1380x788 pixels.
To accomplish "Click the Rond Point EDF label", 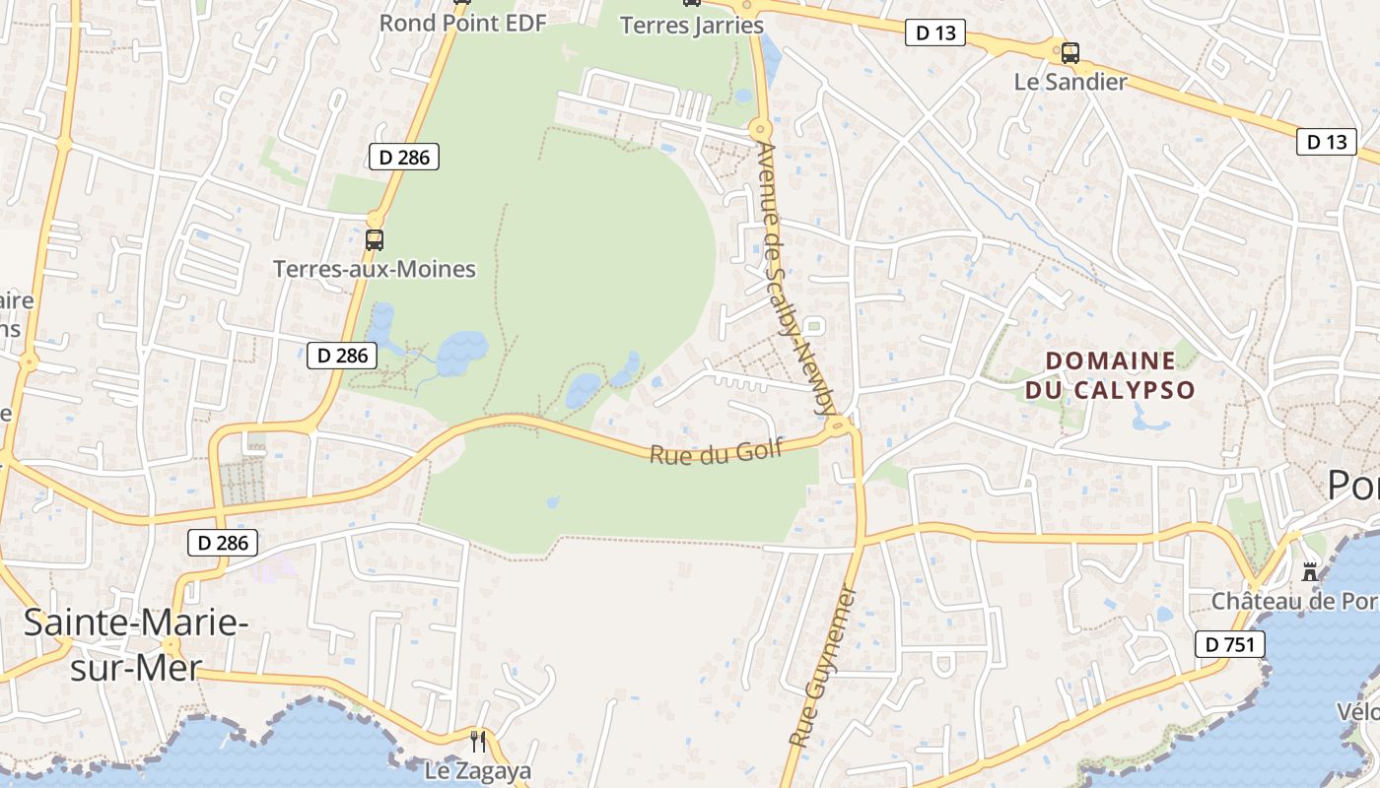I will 462,23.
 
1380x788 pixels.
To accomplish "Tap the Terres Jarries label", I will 691,25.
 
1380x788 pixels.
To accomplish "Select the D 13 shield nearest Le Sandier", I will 934,33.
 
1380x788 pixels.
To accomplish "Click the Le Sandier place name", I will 1069,82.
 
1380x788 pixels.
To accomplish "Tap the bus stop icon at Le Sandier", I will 1069,52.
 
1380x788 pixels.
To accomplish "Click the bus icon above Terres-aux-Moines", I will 374,239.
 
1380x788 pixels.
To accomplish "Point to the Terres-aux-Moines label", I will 374,269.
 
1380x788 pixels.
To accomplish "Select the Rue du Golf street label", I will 716,452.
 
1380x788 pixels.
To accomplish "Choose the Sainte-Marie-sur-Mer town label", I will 130,644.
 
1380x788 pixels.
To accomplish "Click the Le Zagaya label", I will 477,770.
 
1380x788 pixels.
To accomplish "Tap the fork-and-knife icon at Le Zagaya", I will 477,741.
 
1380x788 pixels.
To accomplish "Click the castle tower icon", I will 1310,571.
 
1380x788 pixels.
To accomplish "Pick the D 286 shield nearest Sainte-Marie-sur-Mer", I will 223,542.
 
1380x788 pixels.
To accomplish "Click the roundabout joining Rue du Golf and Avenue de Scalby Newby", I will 839,427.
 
